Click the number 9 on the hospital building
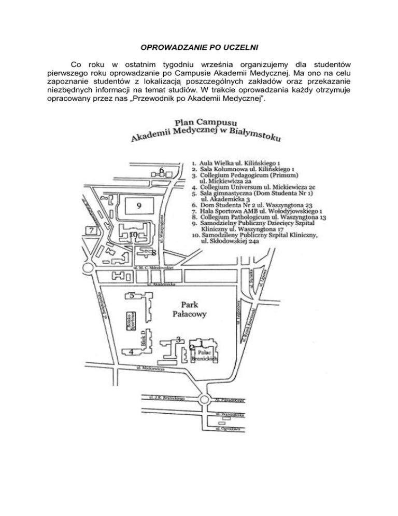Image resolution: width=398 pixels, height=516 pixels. (x=139, y=206)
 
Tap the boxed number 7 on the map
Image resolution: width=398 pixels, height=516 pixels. (x=92, y=230)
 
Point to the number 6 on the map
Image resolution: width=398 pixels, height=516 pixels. (x=162, y=171)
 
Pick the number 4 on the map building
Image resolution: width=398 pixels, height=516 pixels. (x=132, y=351)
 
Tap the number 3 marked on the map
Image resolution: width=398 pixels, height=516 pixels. (x=178, y=339)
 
